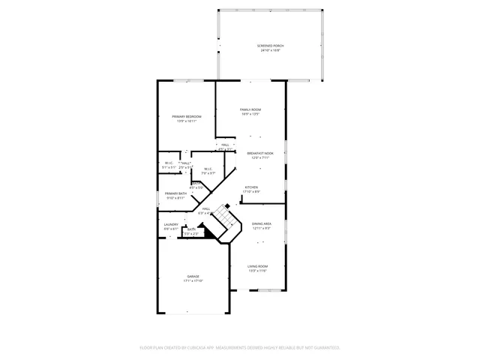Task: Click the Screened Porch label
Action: [x=271, y=46]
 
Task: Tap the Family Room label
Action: [x=250, y=109]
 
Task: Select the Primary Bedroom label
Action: [x=186, y=117]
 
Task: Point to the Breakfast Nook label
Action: [x=260, y=153]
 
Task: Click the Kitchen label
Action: [x=251, y=187]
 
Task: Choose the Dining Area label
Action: [x=261, y=223]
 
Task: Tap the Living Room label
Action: [x=258, y=266]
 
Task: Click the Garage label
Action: [x=193, y=276]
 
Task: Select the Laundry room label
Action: [x=171, y=224]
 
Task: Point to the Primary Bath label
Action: [x=175, y=193]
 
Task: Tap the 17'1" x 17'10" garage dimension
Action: [x=193, y=280]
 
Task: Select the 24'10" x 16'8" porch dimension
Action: [x=271, y=50]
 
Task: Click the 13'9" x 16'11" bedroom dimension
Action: [x=186, y=121]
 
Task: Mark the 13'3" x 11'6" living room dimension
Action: [x=258, y=271]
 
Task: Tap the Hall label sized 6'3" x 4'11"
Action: [x=205, y=209]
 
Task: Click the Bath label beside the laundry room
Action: [x=191, y=229]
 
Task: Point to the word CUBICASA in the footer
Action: [x=203, y=347]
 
